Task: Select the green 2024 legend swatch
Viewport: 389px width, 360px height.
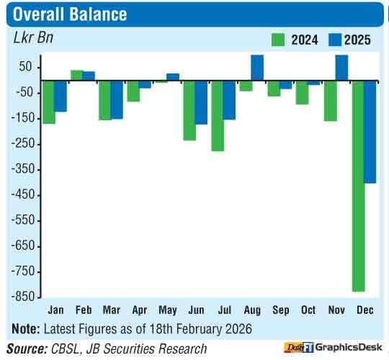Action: (278, 40)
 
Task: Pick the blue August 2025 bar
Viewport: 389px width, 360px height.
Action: (257, 68)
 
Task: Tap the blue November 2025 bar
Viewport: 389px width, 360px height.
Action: (342, 68)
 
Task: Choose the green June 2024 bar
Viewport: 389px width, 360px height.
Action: (189, 110)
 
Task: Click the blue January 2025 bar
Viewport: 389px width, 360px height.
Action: (61, 96)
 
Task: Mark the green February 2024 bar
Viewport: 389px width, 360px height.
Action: (76, 75)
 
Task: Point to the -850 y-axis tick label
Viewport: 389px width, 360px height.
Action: (23, 297)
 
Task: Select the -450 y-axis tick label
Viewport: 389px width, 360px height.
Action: (23, 195)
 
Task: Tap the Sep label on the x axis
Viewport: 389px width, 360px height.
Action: (280, 310)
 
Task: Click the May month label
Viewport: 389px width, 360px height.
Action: (167, 310)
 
